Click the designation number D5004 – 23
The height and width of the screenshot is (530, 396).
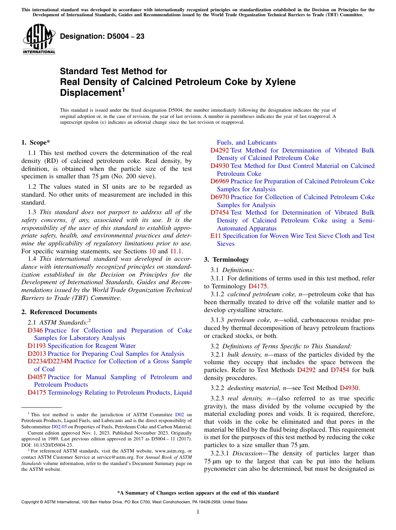pos(102,37)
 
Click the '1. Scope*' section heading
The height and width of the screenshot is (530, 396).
pos(36,142)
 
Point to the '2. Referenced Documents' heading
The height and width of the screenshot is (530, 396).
pos(59,312)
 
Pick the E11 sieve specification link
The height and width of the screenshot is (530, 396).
pos(215,236)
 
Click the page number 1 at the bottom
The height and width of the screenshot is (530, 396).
pos(198,512)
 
